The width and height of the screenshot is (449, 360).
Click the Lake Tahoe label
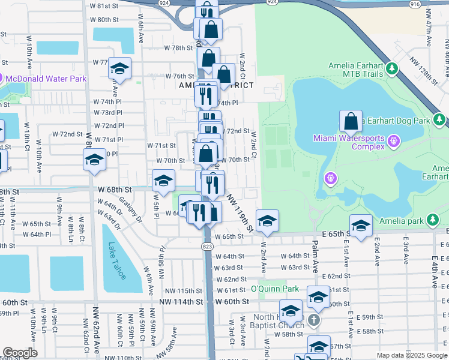(x=116, y=260)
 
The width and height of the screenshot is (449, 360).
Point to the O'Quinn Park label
(x=274, y=289)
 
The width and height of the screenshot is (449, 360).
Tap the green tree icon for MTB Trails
(x=393, y=69)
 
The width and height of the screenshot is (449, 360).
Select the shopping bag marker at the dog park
(x=351, y=121)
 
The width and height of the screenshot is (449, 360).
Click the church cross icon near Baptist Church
(x=313, y=320)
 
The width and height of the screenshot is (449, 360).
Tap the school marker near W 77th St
(x=119, y=69)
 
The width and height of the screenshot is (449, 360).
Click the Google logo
(x=20, y=353)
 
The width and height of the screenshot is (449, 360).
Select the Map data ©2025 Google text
(x=411, y=355)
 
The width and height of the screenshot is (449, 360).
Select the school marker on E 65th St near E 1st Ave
(x=360, y=226)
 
